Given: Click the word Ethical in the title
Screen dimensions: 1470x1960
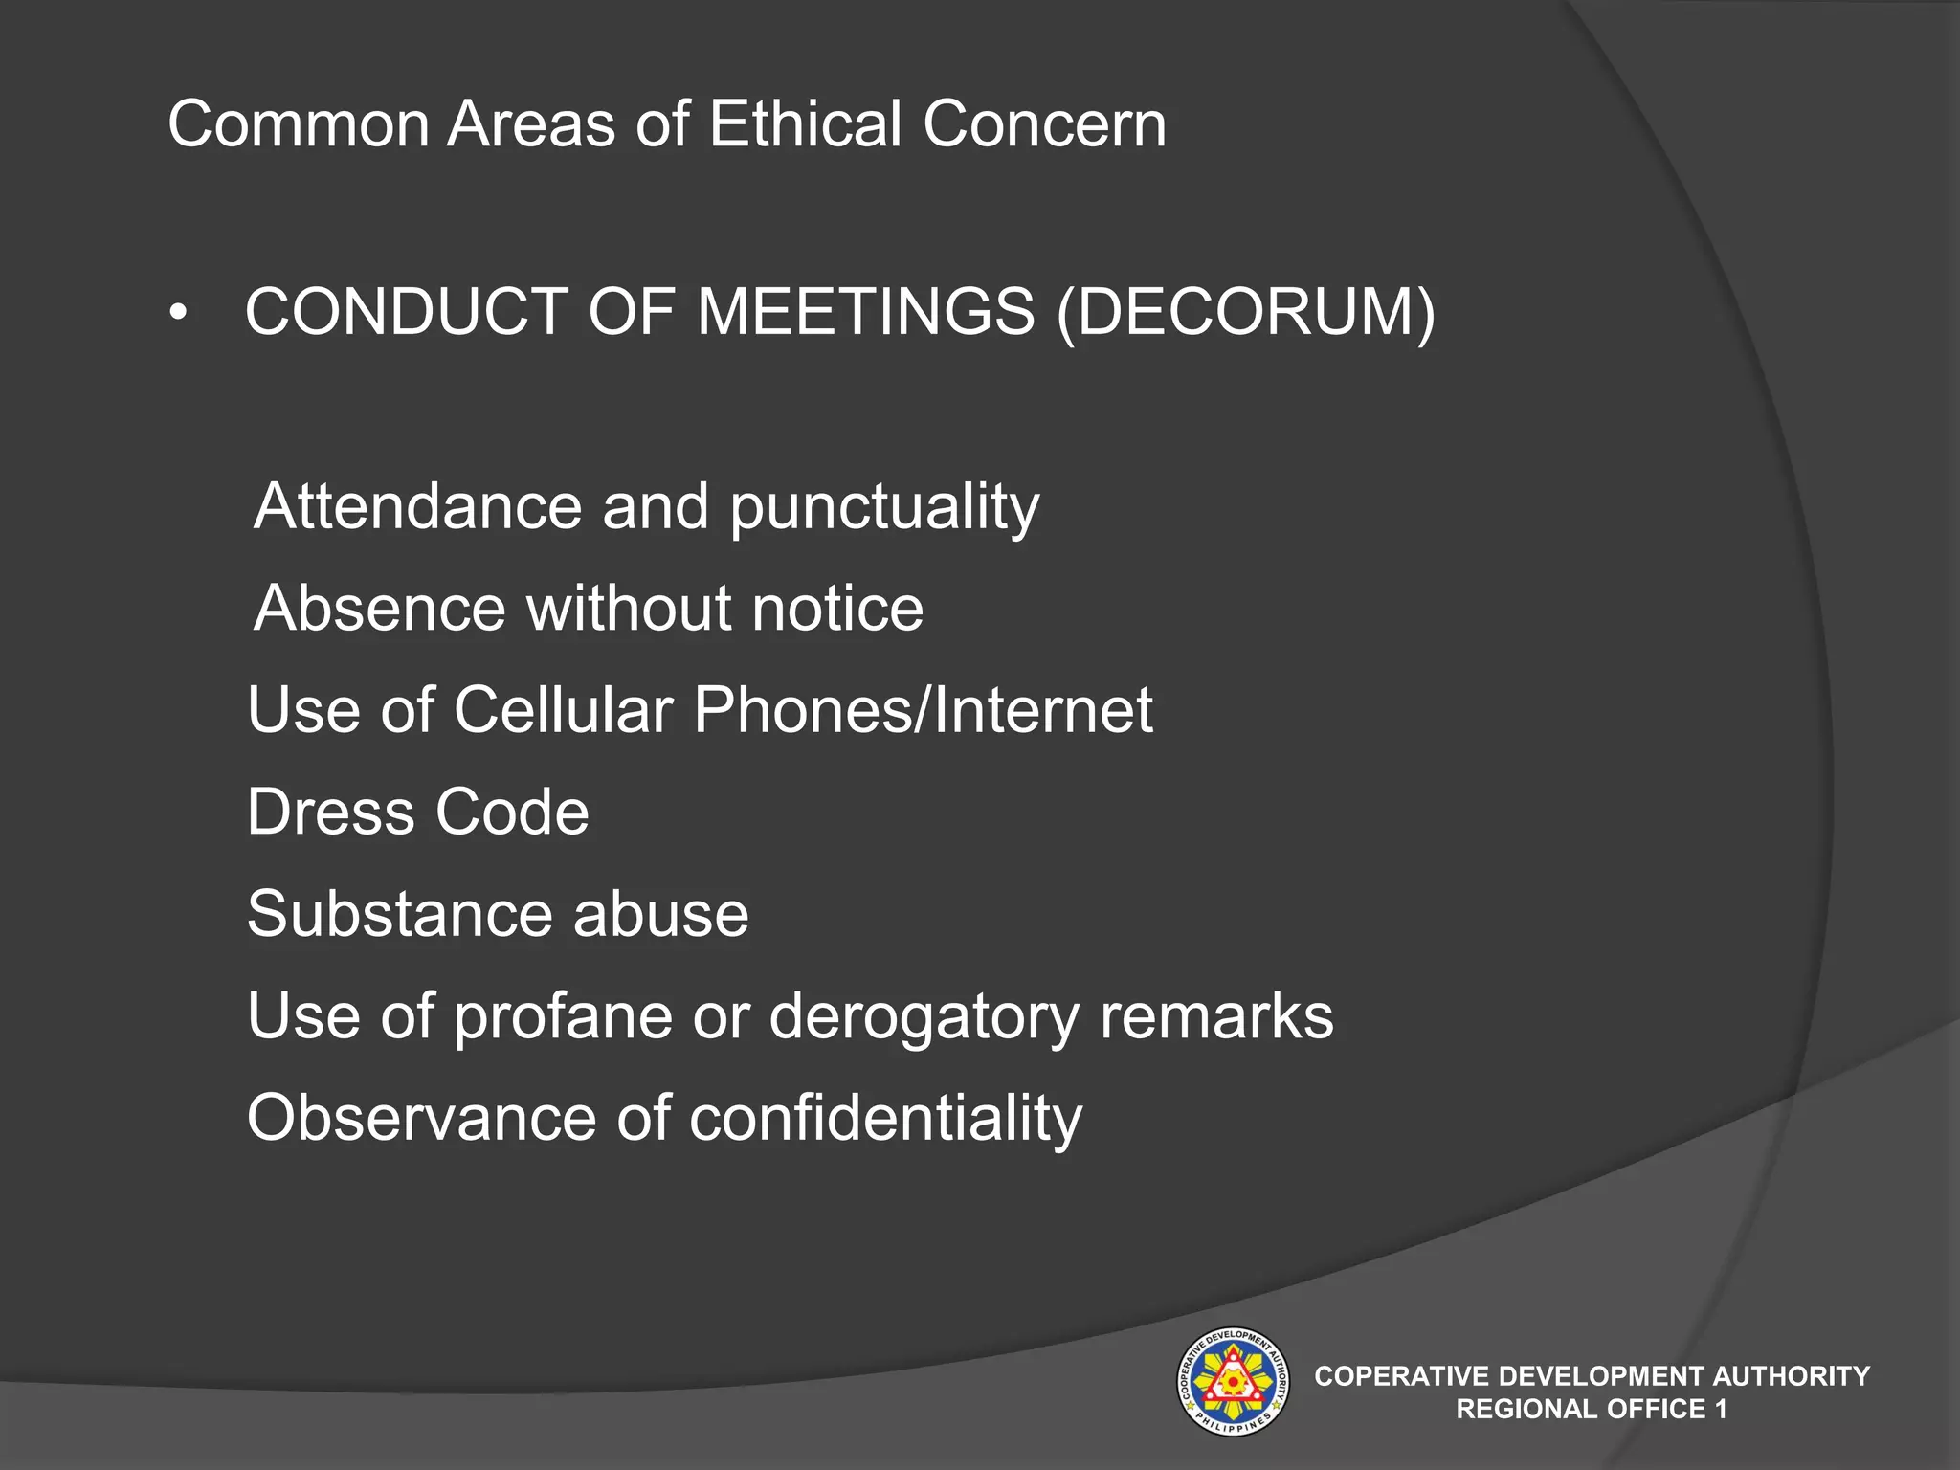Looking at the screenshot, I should (x=805, y=123).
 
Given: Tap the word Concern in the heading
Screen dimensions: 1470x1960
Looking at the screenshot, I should (x=1044, y=123).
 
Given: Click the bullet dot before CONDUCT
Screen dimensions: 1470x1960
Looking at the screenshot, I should (x=177, y=312).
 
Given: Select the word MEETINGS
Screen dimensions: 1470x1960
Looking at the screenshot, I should (x=865, y=312).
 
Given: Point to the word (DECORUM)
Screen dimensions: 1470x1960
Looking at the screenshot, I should (x=1245, y=312).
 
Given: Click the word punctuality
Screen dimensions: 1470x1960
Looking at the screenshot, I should (x=884, y=506).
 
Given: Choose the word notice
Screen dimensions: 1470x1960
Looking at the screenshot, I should (x=837, y=608).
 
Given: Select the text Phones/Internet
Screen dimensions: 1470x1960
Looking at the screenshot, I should (x=923, y=710).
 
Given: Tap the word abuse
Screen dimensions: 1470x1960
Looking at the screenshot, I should (x=660, y=914).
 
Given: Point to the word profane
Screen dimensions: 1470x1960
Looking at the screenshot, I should (x=563, y=1016).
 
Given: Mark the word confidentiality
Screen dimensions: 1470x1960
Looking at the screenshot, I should (x=885, y=1118).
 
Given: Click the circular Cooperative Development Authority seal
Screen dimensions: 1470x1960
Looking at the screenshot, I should (x=1233, y=1381).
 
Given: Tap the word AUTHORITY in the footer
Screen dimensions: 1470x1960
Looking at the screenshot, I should (x=1791, y=1376).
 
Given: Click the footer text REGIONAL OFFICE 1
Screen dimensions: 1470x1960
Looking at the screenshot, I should (x=1592, y=1409).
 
